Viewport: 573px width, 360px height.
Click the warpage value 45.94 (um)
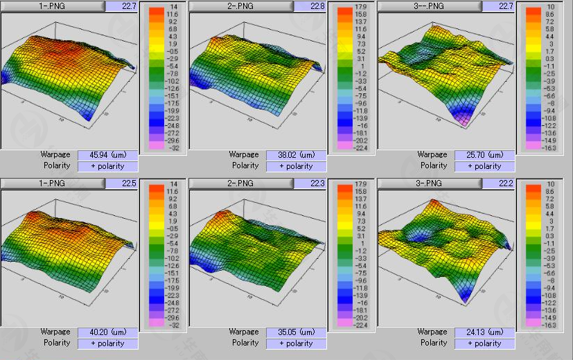(x=107, y=155)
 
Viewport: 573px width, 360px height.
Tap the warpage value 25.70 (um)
(x=484, y=155)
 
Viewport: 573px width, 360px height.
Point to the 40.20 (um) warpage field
(x=107, y=332)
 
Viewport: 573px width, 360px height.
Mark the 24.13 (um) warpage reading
(x=484, y=332)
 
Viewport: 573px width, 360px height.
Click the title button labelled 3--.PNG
(x=430, y=6)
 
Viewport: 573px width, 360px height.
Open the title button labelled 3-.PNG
(x=430, y=183)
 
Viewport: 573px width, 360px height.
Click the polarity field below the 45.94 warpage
(x=107, y=166)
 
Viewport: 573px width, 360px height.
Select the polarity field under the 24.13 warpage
(x=484, y=343)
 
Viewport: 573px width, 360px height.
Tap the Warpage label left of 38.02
(x=244, y=155)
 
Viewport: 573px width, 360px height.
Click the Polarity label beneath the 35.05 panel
(x=245, y=343)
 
